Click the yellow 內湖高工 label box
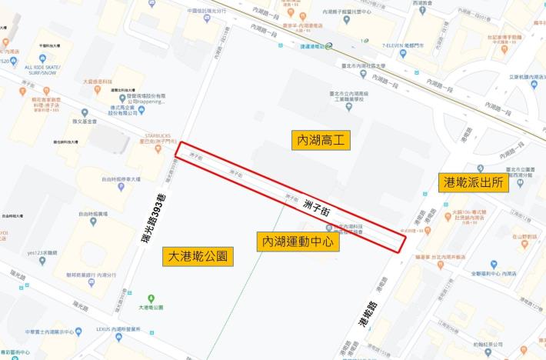point(321,139)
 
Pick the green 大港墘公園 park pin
point(151,298)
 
